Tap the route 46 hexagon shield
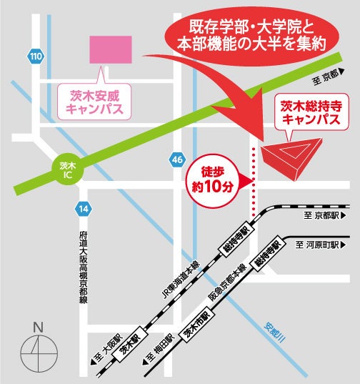176,159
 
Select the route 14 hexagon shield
84,209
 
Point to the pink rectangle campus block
110,49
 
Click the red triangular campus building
289,159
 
